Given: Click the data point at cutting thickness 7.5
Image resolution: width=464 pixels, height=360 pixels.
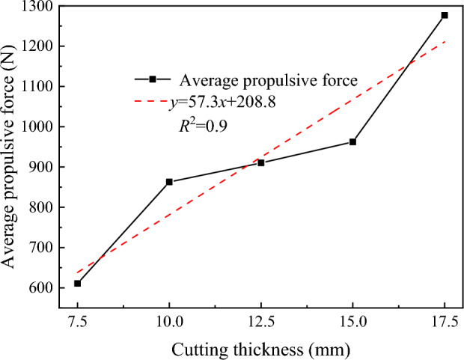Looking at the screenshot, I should (77, 283).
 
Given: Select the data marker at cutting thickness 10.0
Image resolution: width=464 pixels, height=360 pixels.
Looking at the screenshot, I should (169, 182).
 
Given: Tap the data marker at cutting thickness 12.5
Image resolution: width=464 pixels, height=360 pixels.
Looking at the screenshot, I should (260, 162).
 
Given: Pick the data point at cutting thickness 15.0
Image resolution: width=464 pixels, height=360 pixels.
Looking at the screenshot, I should (352, 141).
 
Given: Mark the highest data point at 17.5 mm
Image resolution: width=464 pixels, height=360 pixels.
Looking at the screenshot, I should (445, 15).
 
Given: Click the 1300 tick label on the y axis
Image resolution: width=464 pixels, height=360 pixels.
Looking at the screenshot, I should (39, 7).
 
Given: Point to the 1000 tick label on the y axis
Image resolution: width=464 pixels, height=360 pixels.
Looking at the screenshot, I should (39, 127).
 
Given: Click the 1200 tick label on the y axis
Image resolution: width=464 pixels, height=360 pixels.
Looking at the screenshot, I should (39, 46).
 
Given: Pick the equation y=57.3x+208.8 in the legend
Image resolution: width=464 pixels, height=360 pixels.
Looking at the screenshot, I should (223, 103).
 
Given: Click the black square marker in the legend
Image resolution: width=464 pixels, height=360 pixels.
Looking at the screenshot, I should (152, 79).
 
